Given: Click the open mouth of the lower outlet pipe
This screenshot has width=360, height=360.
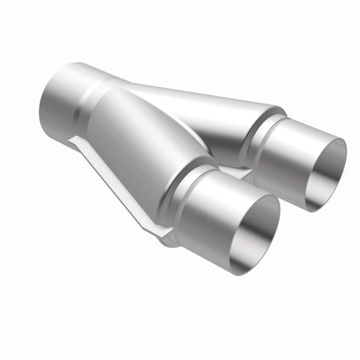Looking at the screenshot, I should [255, 235].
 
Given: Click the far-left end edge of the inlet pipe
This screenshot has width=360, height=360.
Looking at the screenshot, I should [41, 105].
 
